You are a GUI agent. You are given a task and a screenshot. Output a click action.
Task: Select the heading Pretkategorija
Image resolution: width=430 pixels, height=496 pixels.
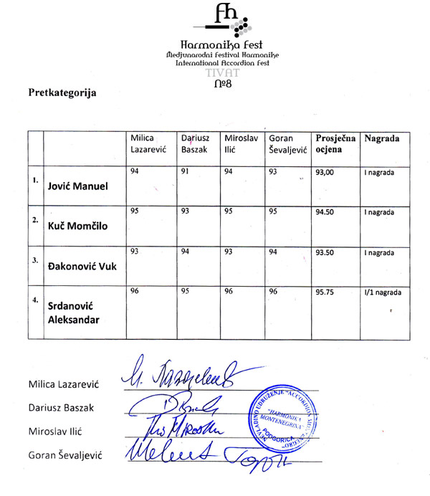pyautogui.click(x=62, y=92)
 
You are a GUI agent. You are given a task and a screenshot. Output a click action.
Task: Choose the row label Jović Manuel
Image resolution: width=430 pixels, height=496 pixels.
pyautogui.click(x=77, y=186)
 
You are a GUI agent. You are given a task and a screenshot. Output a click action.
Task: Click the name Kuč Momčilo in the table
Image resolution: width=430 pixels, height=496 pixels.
pyautogui.click(x=77, y=227)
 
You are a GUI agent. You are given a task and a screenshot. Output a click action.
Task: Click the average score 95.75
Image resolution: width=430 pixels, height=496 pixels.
pyautogui.click(x=325, y=292)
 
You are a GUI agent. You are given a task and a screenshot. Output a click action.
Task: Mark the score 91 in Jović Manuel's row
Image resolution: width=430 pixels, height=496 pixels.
pyautogui.click(x=184, y=171)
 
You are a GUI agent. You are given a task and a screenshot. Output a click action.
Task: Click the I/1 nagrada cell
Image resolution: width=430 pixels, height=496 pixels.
pyautogui.click(x=382, y=292)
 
